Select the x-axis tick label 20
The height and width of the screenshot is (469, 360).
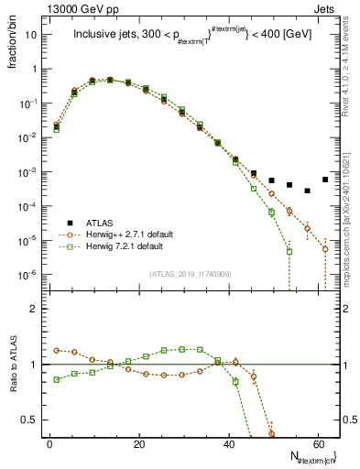[x=138, y=444]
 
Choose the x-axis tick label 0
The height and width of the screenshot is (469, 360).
[x=49, y=444]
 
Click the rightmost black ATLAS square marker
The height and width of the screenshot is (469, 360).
[x=325, y=180]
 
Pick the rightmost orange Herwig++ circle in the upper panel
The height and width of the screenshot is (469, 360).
[x=325, y=248]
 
